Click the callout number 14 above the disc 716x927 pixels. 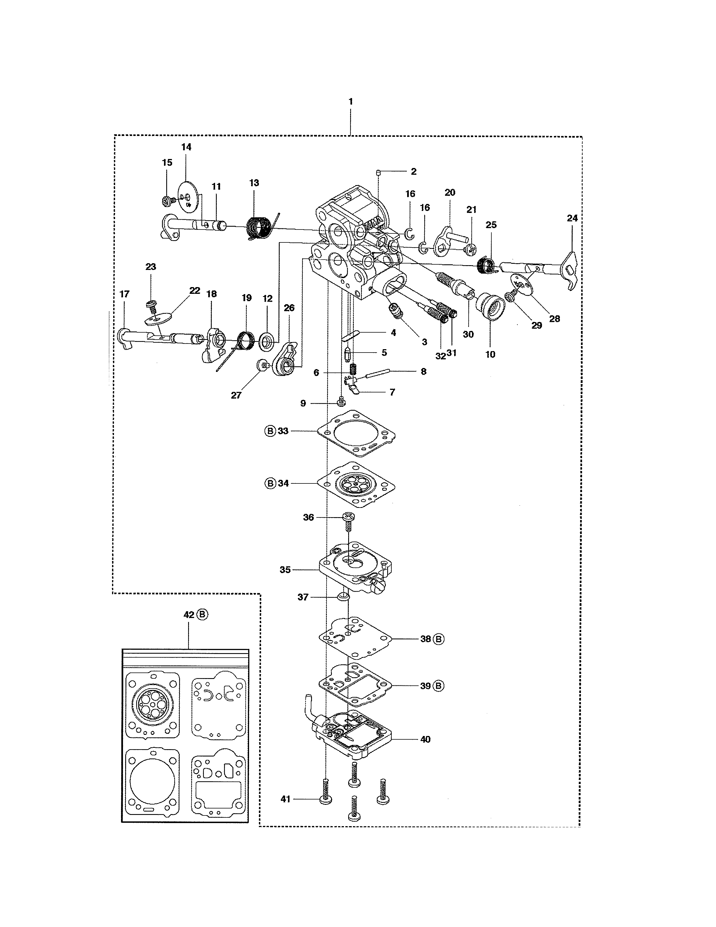coord(186,147)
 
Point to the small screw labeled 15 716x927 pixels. coord(168,201)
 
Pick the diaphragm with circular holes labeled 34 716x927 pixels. coord(356,484)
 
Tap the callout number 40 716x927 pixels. coord(425,739)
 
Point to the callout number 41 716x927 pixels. coord(286,799)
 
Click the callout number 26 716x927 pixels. coord(289,308)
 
